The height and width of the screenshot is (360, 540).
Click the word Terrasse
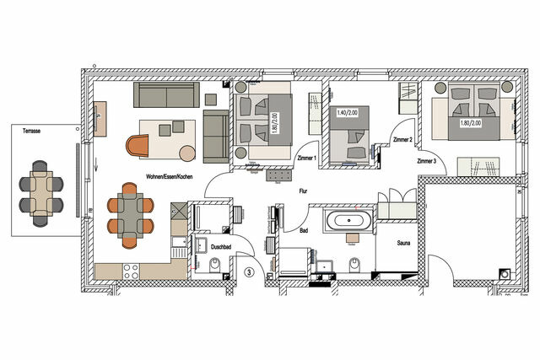[35, 132]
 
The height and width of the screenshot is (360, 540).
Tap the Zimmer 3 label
[425, 159]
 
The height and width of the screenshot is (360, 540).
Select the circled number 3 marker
[249, 271]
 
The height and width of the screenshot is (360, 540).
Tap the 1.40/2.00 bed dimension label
[346, 112]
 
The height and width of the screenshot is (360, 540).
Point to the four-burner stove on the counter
[132, 270]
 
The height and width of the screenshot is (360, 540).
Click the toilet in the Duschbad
[214, 268]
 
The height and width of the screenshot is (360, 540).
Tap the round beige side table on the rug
[186, 153]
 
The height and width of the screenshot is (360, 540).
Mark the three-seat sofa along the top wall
[165, 94]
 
